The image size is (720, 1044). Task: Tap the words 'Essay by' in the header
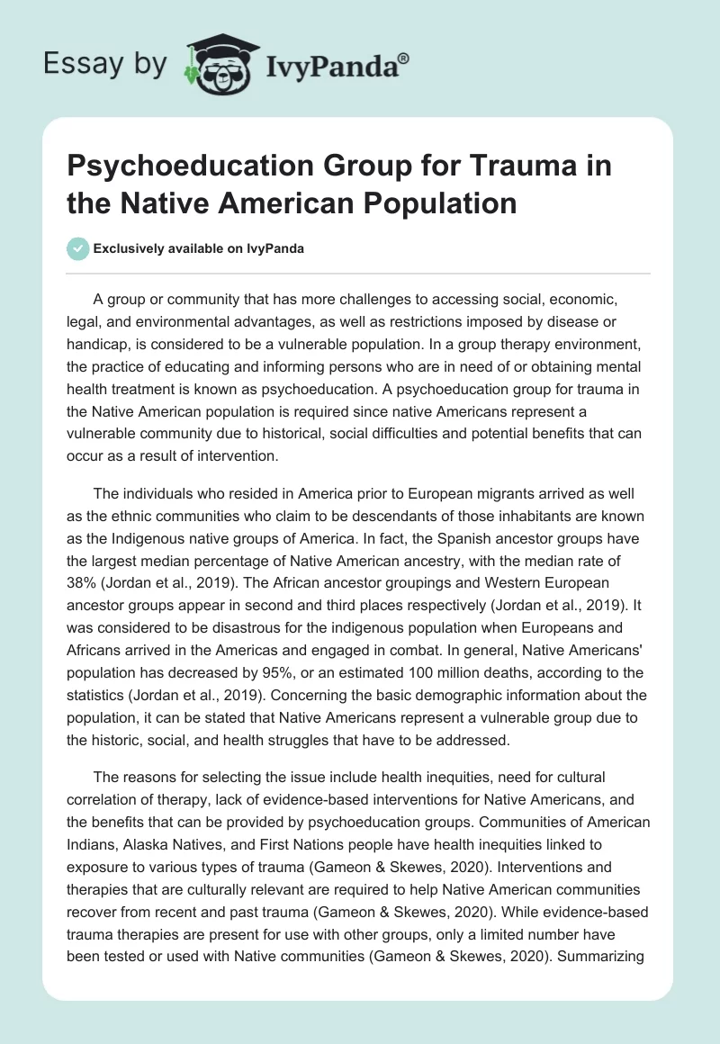pos(106,64)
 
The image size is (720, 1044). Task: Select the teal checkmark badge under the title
pos(77,249)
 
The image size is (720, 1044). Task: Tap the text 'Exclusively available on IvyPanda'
pos(198,249)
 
